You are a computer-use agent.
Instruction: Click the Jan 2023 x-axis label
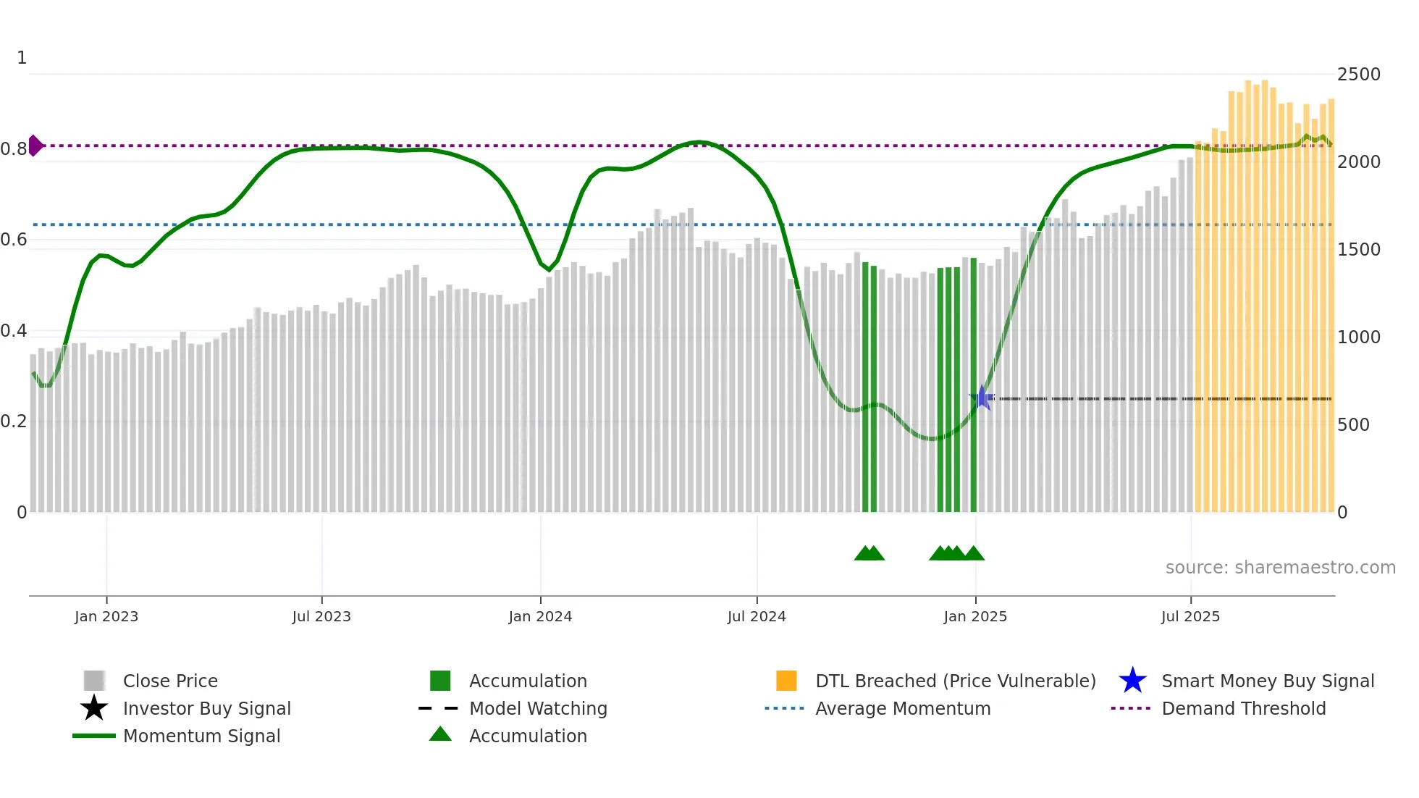106,616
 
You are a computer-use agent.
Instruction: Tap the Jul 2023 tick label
321,616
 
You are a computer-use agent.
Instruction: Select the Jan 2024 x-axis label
540,616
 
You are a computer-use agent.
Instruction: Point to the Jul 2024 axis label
757,616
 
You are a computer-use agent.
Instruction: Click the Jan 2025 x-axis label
975,616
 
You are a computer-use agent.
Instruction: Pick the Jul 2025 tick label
1190,616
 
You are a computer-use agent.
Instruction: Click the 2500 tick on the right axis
1359,75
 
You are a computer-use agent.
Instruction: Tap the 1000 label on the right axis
1359,337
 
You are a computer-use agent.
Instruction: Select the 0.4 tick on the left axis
14,331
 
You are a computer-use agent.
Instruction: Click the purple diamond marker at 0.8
35,146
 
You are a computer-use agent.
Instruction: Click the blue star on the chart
982,398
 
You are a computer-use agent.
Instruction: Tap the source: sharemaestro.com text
1280,568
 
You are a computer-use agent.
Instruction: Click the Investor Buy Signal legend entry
206,708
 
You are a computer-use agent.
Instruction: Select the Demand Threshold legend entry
1243,708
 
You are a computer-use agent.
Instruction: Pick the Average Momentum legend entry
903,708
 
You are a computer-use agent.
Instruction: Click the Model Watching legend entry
538,708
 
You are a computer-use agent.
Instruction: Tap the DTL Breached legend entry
955,681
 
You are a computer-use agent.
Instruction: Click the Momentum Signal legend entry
201,736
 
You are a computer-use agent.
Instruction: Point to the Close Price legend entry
170,681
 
